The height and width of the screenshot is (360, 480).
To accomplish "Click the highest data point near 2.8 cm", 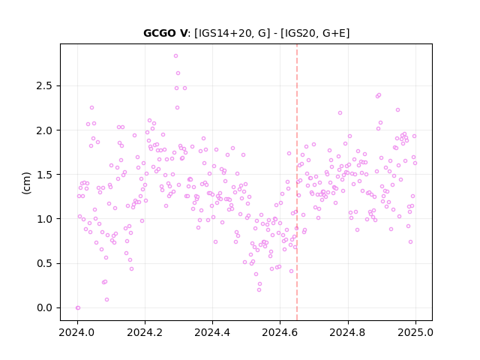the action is click(x=175, y=56).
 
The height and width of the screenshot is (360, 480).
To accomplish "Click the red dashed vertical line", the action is click(x=297, y=182).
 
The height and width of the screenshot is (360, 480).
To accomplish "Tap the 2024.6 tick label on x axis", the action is click(x=280, y=332).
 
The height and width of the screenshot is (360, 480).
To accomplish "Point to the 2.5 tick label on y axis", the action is click(x=44, y=86).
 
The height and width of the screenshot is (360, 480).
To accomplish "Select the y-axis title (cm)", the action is click(x=26, y=183).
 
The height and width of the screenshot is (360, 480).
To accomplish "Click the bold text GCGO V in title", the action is click(x=165, y=33).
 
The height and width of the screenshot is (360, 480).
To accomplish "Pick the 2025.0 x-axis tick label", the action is click(x=415, y=332).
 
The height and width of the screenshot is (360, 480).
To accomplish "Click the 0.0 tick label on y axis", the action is click(x=44, y=307).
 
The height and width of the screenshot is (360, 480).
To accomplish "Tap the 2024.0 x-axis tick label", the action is click(x=77, y=332).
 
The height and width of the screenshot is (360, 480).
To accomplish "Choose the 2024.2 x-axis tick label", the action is click(x=145, y=332).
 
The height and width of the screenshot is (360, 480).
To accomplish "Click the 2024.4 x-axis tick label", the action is click(x=212, y=332).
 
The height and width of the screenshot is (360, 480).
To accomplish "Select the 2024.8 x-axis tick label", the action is click(x=348, y=332).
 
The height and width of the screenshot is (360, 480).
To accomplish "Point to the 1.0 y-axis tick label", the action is click(x=44, y=219).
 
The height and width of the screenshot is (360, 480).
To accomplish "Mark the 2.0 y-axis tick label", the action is click(x=44, y=130).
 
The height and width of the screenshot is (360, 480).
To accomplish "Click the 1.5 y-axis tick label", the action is click(x=44, y=175).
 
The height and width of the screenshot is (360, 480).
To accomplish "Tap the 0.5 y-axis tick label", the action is click(x=44, y=263).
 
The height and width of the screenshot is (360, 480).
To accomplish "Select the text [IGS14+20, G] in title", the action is click(x=232, y=33).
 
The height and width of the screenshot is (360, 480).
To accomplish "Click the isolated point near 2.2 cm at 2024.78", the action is click(x=340, y=113).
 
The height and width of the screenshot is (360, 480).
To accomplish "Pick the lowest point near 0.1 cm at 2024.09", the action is click(x=106, y=300).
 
